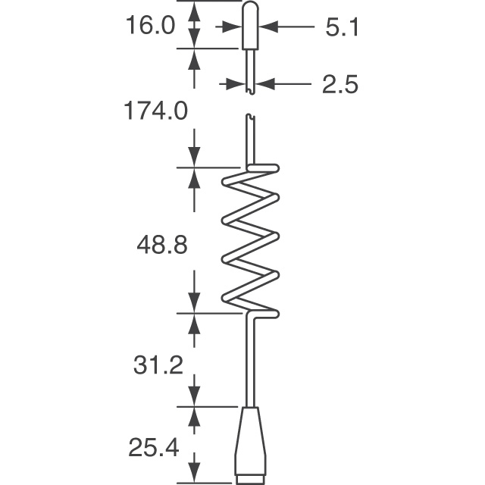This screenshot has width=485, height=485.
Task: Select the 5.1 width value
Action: point(342,27)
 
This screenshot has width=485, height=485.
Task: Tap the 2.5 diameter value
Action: point(340,84)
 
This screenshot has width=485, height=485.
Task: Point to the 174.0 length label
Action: point(156,111)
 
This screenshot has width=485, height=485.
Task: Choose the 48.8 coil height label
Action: point(161,246)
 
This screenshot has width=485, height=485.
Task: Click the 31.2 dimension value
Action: point(158,366)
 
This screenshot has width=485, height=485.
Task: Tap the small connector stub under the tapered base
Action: point(251,480)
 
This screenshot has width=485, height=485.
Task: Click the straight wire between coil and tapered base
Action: point(251,364)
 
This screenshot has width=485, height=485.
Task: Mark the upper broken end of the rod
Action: point(251,91)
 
